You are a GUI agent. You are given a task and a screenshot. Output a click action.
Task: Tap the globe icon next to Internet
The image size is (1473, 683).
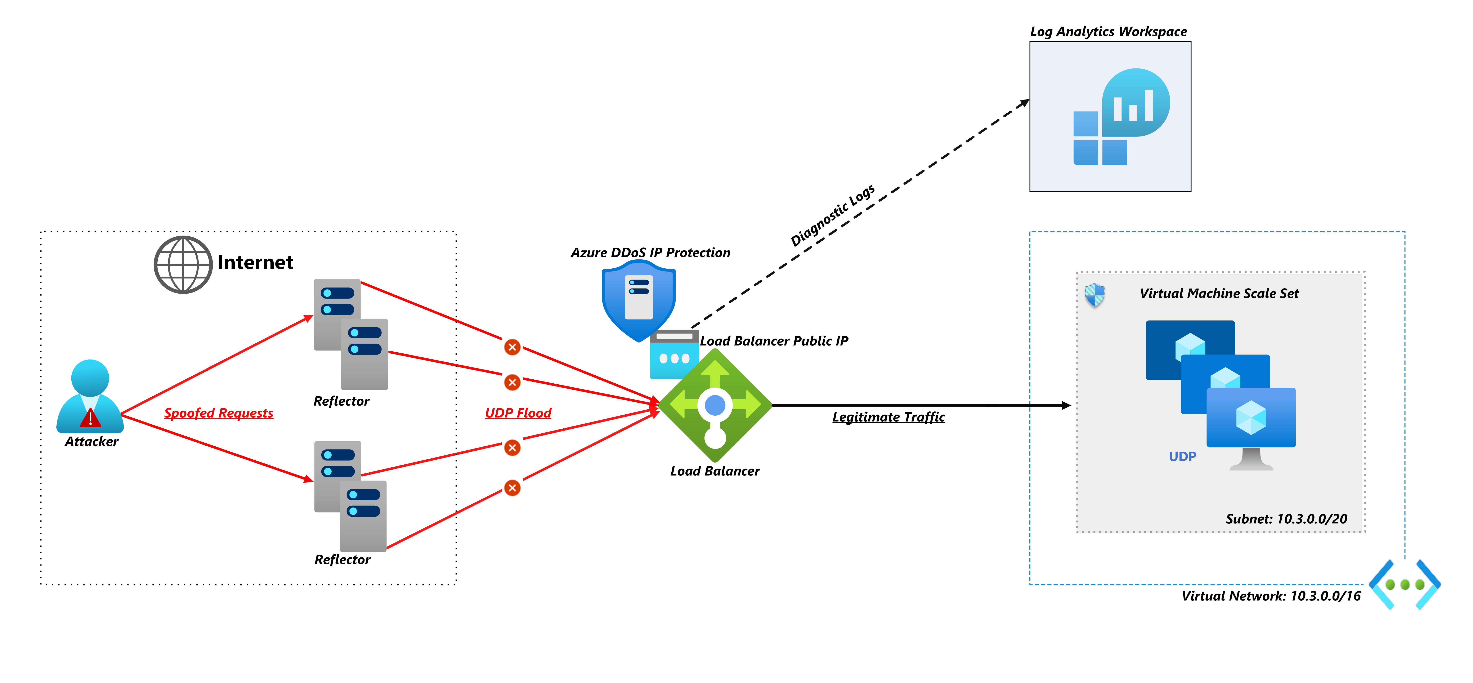[183, 265]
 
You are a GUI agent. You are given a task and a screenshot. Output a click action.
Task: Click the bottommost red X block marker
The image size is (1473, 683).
[512, 488]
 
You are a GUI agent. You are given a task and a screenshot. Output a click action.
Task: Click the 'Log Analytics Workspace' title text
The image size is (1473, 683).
[1108, 31]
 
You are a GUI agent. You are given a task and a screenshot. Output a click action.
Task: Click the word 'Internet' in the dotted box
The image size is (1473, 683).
[255, 263]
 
